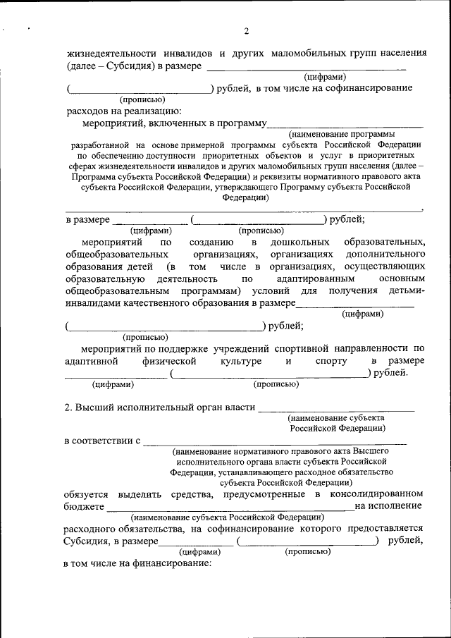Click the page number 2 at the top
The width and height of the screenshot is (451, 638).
click(246, 31)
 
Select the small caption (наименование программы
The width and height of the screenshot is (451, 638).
click(342, 133)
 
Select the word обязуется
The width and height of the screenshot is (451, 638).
click(85, 493)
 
